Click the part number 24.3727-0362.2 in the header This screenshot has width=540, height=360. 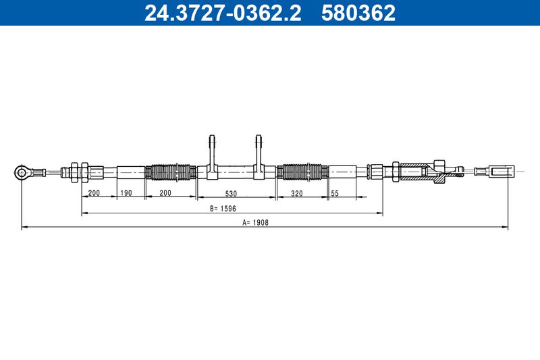click(223, 12)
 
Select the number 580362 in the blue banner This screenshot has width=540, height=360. click(358, 12)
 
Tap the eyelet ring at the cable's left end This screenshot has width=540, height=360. click(22, 172)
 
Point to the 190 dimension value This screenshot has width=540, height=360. click(126, 192)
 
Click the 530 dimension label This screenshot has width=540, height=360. click(231, 194)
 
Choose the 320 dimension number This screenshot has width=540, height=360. click(297, 193)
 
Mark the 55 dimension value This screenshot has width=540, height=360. click(335, 193)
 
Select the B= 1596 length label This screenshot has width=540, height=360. click(223, 209)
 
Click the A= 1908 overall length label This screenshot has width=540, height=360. click(256, 222)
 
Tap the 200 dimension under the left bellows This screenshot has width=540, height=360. click(165, 192)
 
